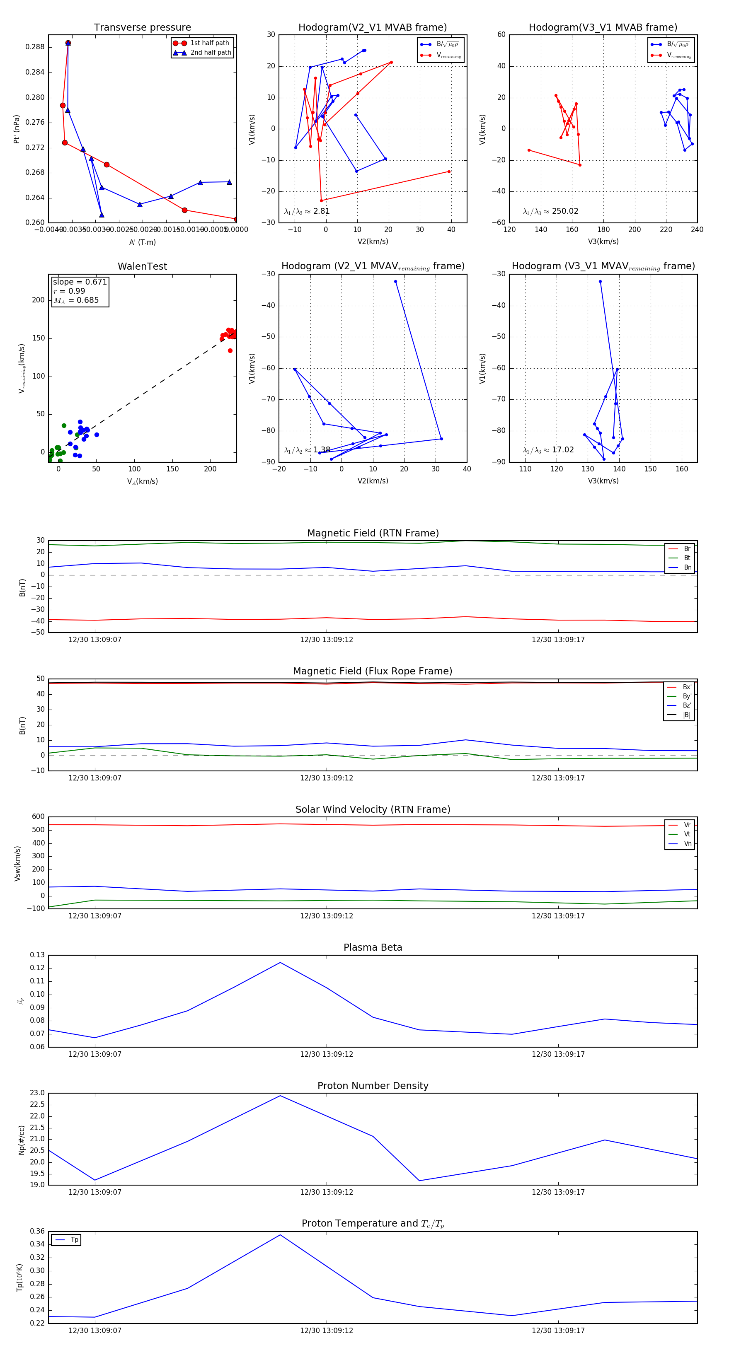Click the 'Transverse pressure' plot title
point(142,28)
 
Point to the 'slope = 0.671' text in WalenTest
point(80,282)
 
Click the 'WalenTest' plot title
point(142,266)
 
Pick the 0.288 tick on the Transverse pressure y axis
point(35,47)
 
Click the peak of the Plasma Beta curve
point(280,963)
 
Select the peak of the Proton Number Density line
point(280,1096)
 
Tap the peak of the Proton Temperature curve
point(280,1235)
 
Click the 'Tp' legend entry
point(74,1240)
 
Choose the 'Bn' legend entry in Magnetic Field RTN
point(687,567)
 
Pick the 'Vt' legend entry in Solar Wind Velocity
point(687,834)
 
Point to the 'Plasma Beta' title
point(373,947)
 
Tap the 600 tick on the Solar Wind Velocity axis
point(38,817)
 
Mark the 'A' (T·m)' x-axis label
point(142,242)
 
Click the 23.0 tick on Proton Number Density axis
point(37,1093)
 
